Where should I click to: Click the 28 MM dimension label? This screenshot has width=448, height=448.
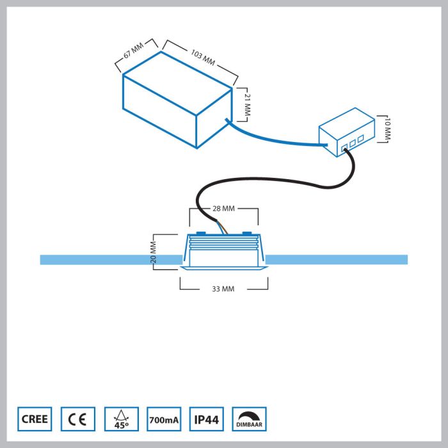tap(223, 209)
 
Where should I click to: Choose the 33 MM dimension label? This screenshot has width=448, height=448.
tap(223, 289)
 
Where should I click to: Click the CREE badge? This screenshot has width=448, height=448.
tap(34, 419)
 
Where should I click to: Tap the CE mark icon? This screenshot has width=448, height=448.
tap(78, 419)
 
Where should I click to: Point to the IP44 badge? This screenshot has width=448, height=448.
tap(206, 419)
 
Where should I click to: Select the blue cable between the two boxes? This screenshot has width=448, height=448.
tap(275, 141)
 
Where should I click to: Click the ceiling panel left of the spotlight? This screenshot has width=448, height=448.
tap(109, 259)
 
